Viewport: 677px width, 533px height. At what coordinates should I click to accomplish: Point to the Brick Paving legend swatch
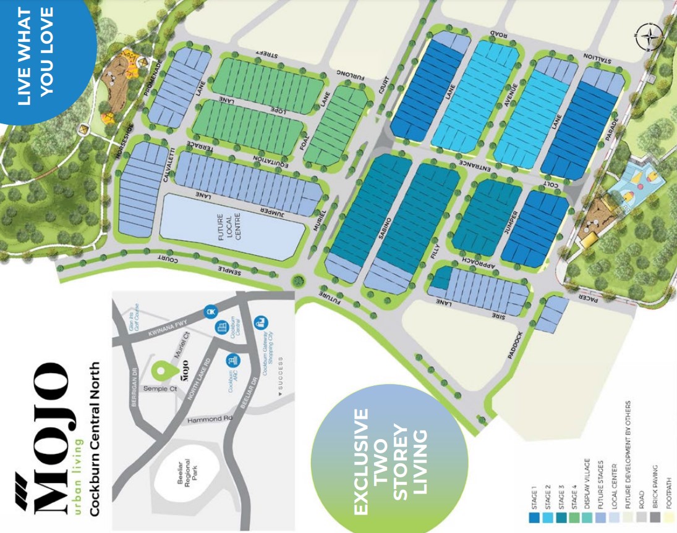click(x=654, y=516)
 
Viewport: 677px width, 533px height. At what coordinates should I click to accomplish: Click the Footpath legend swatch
click(x=668, y=516)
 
